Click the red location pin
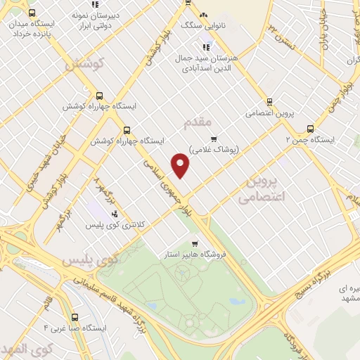tap(181, 165)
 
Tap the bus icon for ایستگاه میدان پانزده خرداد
tap(32, 13)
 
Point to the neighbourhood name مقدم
tap(197, 124)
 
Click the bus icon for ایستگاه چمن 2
tap(311, 129)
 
